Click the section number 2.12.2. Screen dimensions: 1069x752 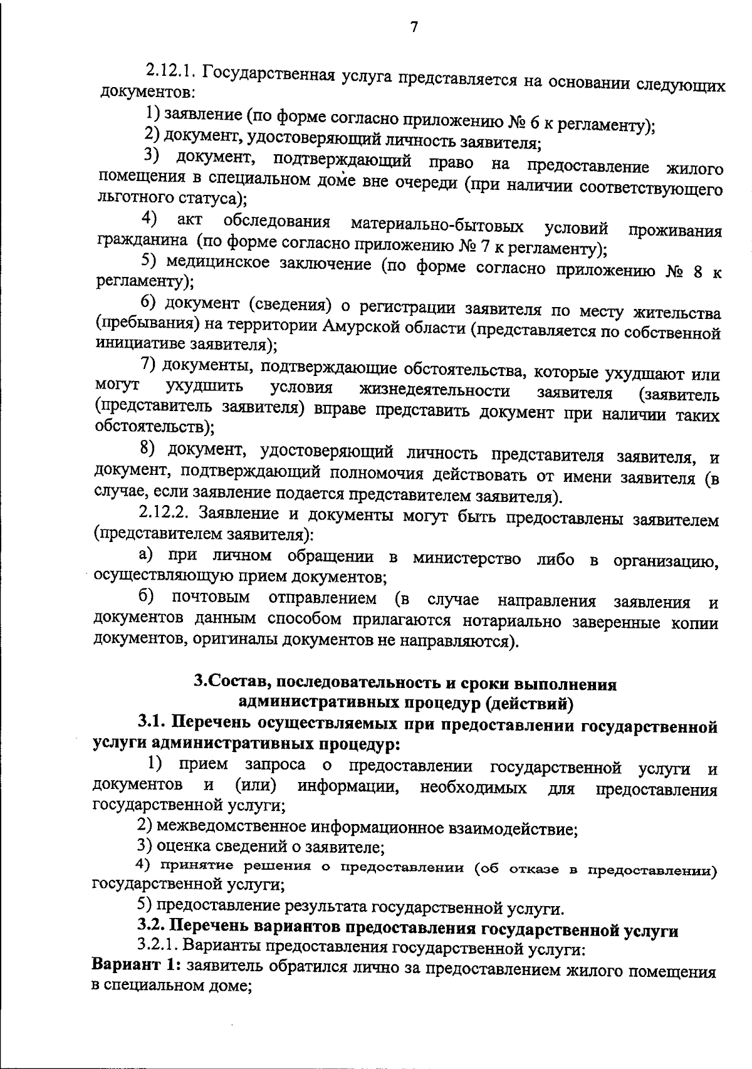pyautogui.click(x=164, y=512)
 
